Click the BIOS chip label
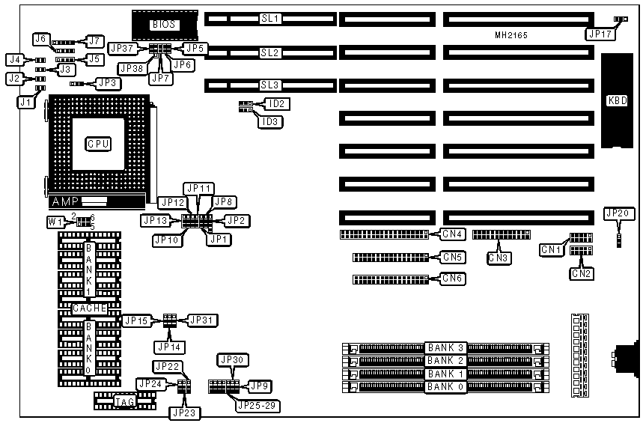164,24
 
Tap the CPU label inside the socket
98,143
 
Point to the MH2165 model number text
511,35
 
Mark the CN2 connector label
582,274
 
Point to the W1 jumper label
55,222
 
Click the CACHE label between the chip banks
90,308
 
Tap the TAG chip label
124,402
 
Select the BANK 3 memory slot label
446,347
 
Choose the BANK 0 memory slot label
446,387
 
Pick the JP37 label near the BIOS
121,48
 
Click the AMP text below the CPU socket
64,202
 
